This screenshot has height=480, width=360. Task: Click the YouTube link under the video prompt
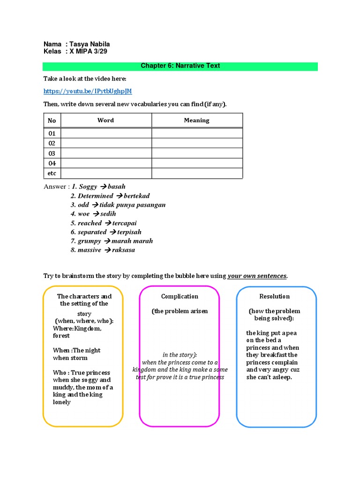click(84, 91)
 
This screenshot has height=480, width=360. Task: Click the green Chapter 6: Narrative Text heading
click(180, 66)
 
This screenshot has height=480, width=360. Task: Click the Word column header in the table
click(105, 120)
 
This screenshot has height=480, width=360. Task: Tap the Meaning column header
click(196, 120)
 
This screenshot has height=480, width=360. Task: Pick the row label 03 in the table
click(52, 153)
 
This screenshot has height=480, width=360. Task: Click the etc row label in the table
click(52, 173)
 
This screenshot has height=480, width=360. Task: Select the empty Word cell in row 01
click(106, 133)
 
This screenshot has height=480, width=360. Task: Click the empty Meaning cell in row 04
click(197, 163)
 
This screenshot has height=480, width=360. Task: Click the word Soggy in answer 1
click(88, 187)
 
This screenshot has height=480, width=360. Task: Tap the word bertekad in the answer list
click(137, 196)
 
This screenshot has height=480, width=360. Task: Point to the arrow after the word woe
click(96, 214)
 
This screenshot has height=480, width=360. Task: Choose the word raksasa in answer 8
click(123, 250)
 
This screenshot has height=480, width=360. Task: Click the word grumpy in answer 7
click(89, 241)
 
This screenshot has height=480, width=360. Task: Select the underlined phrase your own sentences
click(257, 276)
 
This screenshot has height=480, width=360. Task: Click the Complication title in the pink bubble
click(180, 296)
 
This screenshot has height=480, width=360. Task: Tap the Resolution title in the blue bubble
click(274, 296)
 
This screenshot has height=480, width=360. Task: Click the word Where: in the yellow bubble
click(62, 329)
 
